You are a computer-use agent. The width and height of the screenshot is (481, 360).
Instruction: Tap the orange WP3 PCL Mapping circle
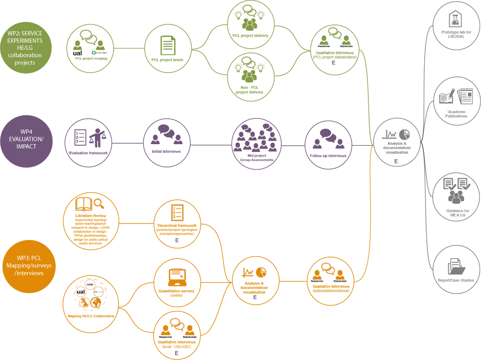27,268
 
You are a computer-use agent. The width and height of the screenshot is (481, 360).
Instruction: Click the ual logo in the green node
77,53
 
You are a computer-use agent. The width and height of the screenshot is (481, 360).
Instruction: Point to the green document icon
167,45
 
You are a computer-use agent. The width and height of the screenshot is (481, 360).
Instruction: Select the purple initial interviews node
166,143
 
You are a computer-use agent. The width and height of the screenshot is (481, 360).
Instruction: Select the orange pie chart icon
262,272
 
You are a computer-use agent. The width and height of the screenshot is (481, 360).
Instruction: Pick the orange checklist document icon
177,212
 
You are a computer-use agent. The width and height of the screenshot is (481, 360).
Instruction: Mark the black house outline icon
455,19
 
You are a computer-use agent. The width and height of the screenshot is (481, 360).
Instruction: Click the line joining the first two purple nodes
127,143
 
